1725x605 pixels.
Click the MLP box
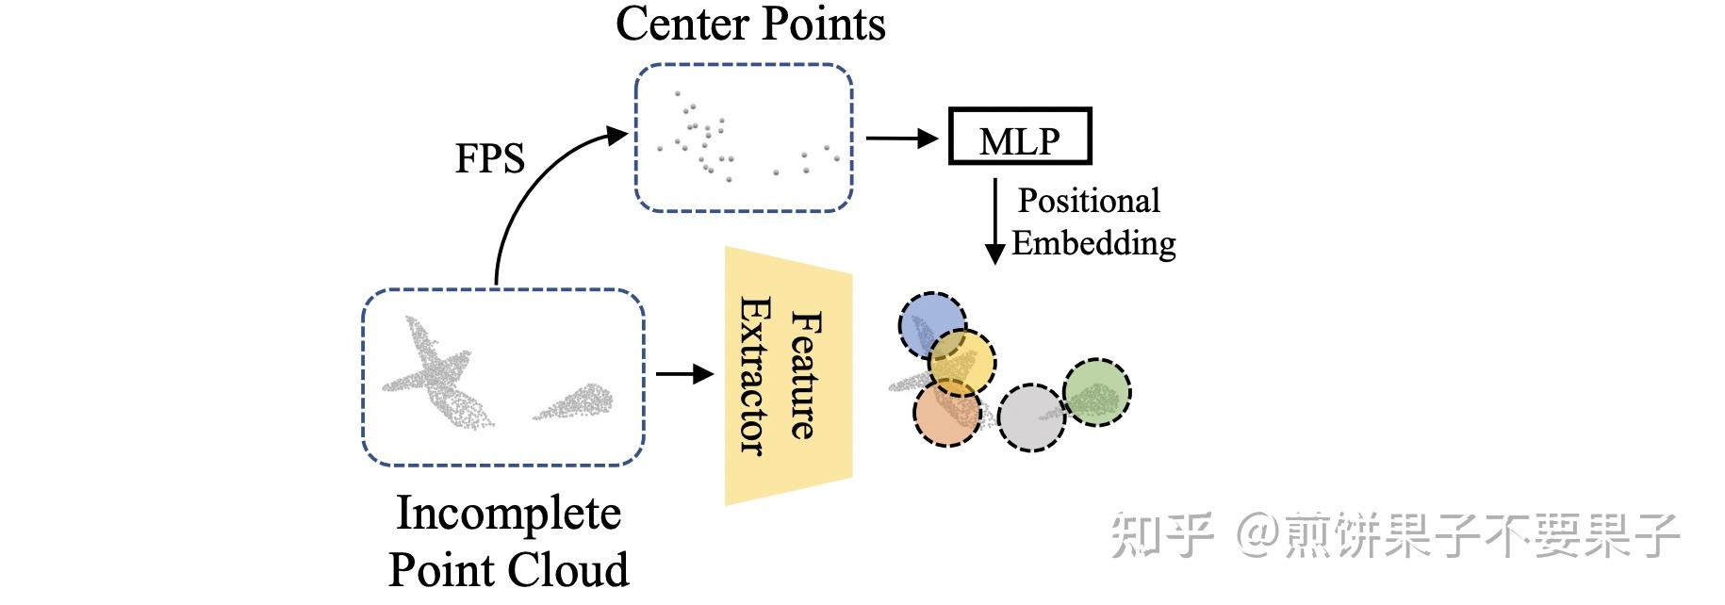tap(1019, 138)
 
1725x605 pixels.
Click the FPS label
tap(489, 158)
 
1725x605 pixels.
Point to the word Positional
tap(1088, 201)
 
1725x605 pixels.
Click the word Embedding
tap(1092, 243)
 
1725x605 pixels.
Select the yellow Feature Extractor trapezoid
tap(786, 375)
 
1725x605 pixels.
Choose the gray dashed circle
tap(1030, 418)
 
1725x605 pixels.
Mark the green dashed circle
tap(1097, 392)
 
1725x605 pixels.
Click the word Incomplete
tap(508, 514)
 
